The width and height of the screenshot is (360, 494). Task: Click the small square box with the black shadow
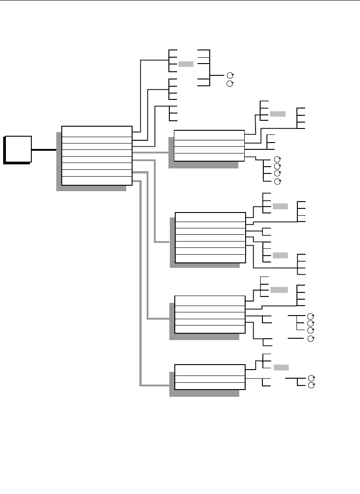tap(18, 148)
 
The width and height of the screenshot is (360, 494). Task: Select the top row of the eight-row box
tap(97, 131)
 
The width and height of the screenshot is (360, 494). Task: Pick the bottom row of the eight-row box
tap(97, 180)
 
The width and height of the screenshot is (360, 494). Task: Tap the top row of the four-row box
tap(209, 135)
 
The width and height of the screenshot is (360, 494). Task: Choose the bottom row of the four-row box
tap(209, 157)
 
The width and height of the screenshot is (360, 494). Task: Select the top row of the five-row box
tap(210, 301)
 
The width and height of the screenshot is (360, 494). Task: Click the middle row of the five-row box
tap(210, 315)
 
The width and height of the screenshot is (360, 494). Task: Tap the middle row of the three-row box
tap(210, 379)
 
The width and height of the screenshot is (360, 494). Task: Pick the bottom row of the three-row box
tap(210, 385)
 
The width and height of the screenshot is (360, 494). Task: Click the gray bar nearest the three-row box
tap(281, 367)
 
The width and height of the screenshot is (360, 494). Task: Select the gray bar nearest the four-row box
tap(278, 114)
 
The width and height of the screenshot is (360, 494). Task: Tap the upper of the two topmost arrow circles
tap(230, 75)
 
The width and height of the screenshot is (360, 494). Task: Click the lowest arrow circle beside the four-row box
tap(277, 181)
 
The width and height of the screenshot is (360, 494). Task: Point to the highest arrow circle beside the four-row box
tap(277, 159)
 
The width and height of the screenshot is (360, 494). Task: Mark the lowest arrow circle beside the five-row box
tap(311, 339)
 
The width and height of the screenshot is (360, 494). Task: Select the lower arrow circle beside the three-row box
tap(311, 385)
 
